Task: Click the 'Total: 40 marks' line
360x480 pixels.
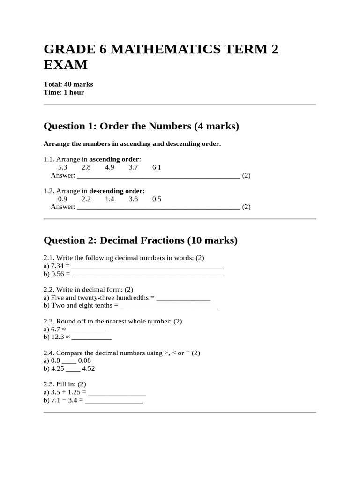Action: (68, 84)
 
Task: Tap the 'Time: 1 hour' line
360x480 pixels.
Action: (64, 92)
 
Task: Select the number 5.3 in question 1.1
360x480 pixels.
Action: (63, 167)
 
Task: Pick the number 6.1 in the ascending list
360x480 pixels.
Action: (157, 167)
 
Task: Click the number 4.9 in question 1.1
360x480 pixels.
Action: (110, 167)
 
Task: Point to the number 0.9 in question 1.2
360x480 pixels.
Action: (63, 199)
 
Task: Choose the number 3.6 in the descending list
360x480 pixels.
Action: (133, 199)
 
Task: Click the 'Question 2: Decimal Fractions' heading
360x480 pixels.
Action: (141, 240)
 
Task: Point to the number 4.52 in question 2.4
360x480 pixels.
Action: (88, 368)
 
